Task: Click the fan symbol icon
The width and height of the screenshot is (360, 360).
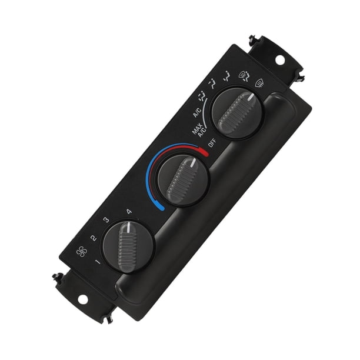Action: click(x=82, y=252)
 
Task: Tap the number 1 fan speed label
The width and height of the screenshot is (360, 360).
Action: click(x=98, y=262)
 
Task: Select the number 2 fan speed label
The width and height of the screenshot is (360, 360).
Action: click(x=94, y=238)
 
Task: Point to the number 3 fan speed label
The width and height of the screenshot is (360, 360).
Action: click(x=106, y=220)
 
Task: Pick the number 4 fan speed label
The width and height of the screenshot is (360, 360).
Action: click(x=129, y=211)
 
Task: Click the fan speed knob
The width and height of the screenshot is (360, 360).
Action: click(x=128, y=247)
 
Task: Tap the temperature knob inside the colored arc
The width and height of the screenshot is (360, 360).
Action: click(x=183, y=180)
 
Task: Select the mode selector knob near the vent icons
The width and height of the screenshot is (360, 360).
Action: click(x=237, y=113)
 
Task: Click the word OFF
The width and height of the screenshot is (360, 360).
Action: click(x=212, y=143)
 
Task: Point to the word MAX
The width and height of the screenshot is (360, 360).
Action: click(x=196, y=129)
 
